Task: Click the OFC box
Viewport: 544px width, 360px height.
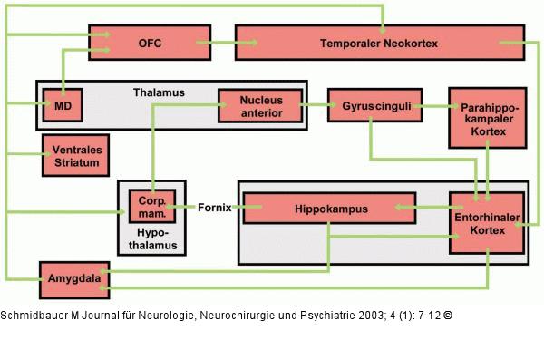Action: (149, 43)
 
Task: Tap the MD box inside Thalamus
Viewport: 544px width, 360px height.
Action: (63, 106)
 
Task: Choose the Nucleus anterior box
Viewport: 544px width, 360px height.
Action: (260, 105)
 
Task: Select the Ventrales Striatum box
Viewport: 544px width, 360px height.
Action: (75, 156)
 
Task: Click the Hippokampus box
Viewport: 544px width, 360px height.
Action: (329, 209)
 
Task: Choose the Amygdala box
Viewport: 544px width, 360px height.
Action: (73, 276)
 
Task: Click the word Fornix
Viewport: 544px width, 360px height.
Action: (214, 208)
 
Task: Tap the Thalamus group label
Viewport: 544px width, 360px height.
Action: (159, 92)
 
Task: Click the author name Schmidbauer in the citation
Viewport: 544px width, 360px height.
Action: (35, 316)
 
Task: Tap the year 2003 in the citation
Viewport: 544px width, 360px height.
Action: (362, 316)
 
